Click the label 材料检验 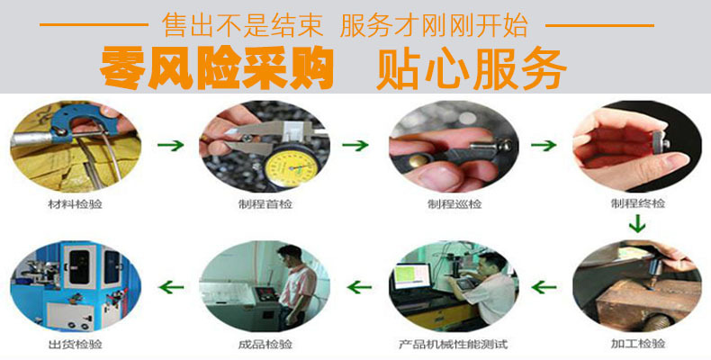(x=75, y=204)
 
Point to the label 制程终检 (x=637, y=204)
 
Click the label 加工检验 (x=637, y=345)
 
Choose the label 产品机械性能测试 (x=453, y=345)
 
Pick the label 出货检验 (x=75, y=345)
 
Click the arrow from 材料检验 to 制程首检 (x=171, y=143)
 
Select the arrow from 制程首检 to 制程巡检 (x=356, y=143)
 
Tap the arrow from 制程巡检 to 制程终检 (x=543, y=143)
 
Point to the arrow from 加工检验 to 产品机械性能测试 (x=544, y=287)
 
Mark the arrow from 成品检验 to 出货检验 (x=171, y=287)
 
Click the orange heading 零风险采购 (x=216, y=65)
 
